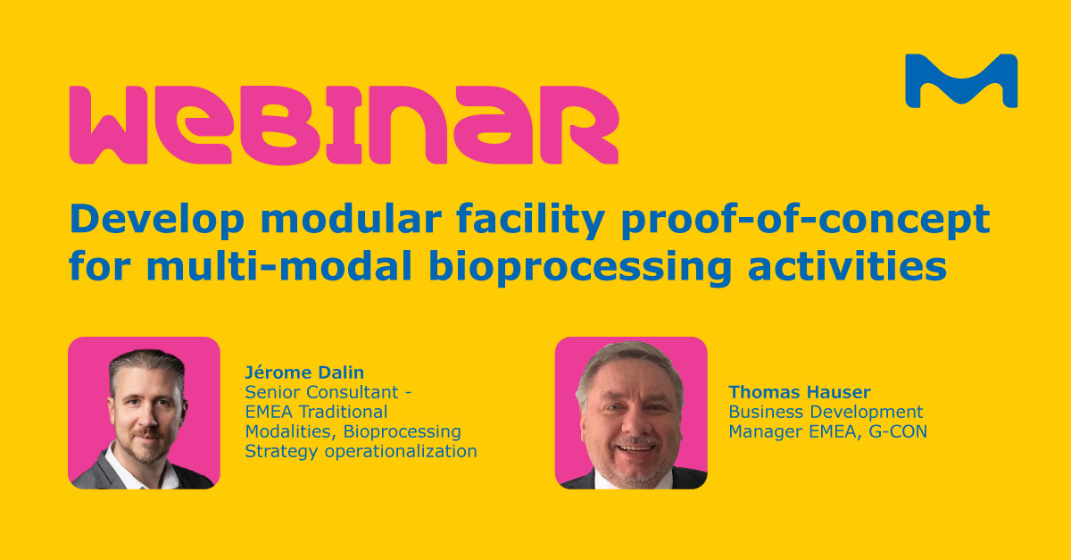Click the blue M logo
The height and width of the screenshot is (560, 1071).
click(x=960, y=80)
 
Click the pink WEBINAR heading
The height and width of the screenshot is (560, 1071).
click(x=344, y=125)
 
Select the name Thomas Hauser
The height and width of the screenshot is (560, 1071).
click(x=788, y=392)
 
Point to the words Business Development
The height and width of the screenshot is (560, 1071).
click(x=826, y=412)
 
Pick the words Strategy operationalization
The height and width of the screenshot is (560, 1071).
click(x=361, y=451)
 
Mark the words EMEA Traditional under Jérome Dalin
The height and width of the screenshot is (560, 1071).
click(x=316, y=412)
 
